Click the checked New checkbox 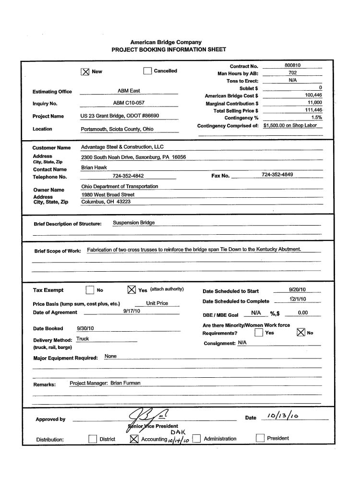pos(85,72)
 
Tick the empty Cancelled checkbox pos(147,71)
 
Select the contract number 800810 pos(292,65)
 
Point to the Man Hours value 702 pos(292,73)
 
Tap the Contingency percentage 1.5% pos(316,118)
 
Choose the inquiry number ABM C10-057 pos(129,103)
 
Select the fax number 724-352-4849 pos(277,175)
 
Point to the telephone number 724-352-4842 pos(128,176)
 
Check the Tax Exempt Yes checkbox pos(131,290)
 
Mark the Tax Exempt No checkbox pos(89,290)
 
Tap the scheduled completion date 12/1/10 pos(298,299)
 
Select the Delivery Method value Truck pos(83,339)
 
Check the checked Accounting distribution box pos(134,438)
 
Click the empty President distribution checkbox pos(260,438)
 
